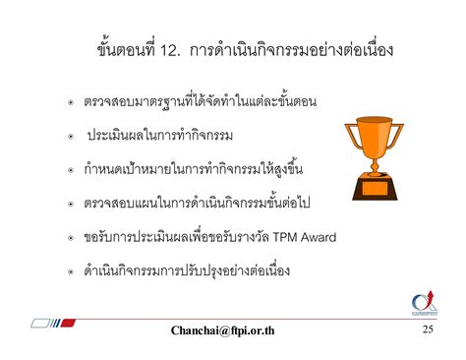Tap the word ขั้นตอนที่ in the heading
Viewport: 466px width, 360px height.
(122, 48)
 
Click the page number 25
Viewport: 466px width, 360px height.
(428, 329)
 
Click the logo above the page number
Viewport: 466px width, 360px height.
(426, 304)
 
